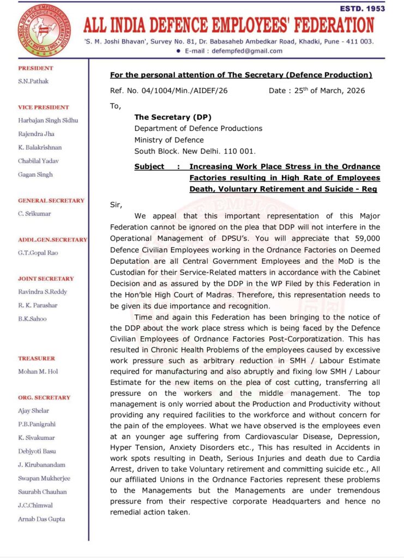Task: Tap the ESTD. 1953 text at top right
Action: click(x=362, y=9)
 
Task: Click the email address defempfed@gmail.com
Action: click(x=249, y=51)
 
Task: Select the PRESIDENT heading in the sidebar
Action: click(x=36, y=68)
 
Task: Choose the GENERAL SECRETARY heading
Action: click(x=51, y=201)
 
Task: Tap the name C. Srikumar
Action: click(x=35, y=214)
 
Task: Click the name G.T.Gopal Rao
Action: click(x=38, y=253)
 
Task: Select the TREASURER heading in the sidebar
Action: click(x=37, y=359)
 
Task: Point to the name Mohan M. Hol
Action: click(x=39, y=372)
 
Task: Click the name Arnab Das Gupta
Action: click(x=41, y=519)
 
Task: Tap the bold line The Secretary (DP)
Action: click(x=173, y=117)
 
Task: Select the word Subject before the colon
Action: click(x=149, y=167)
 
